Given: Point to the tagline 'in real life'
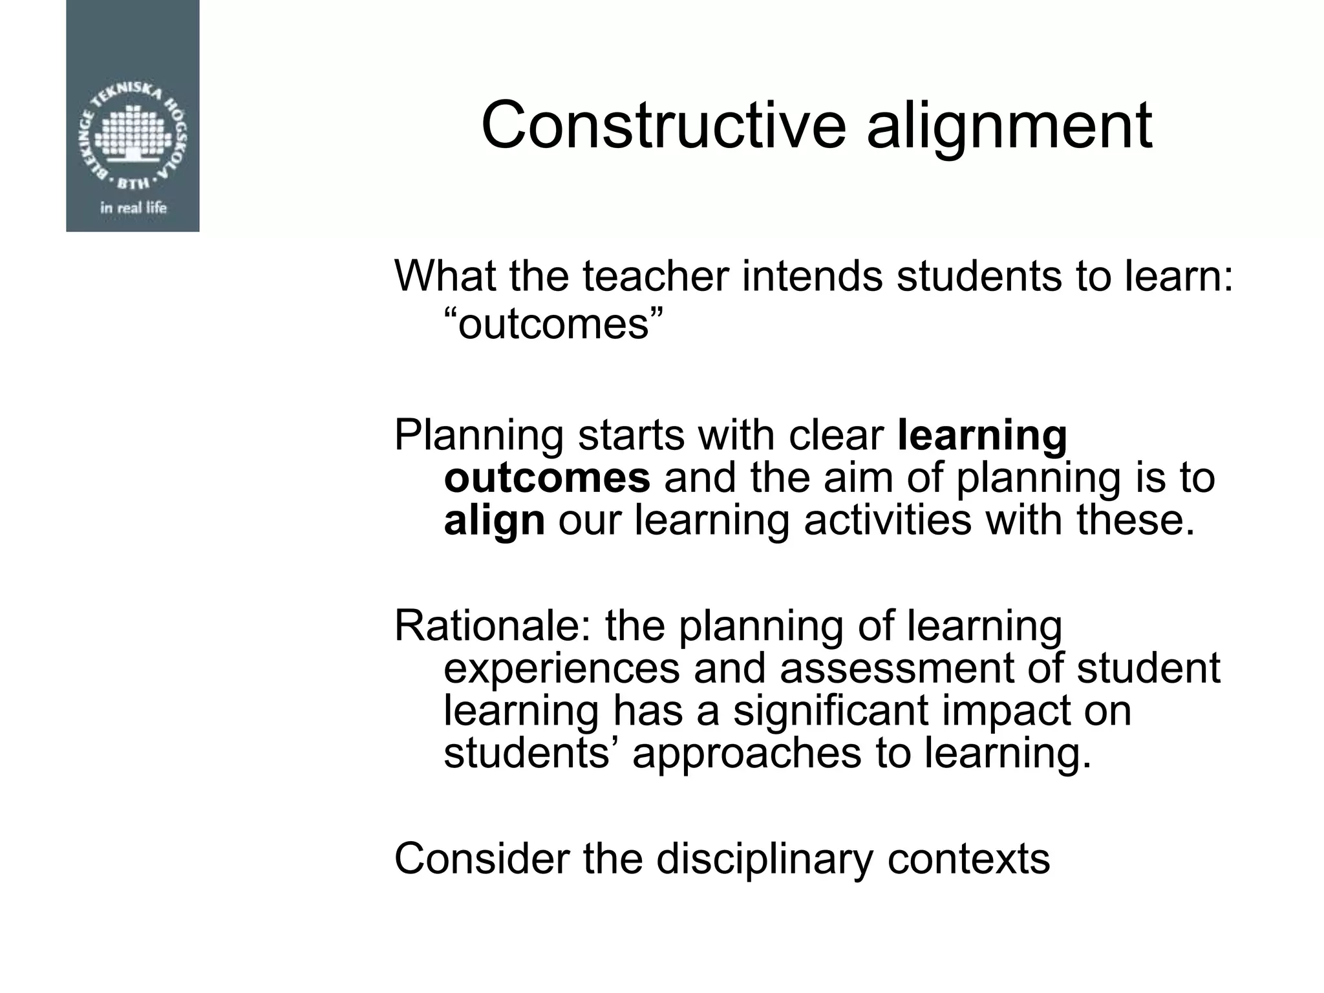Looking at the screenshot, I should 133,208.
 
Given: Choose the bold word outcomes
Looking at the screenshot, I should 547,478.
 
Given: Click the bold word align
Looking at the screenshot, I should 495,521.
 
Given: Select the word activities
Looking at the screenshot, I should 888,520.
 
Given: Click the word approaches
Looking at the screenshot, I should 747,754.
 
